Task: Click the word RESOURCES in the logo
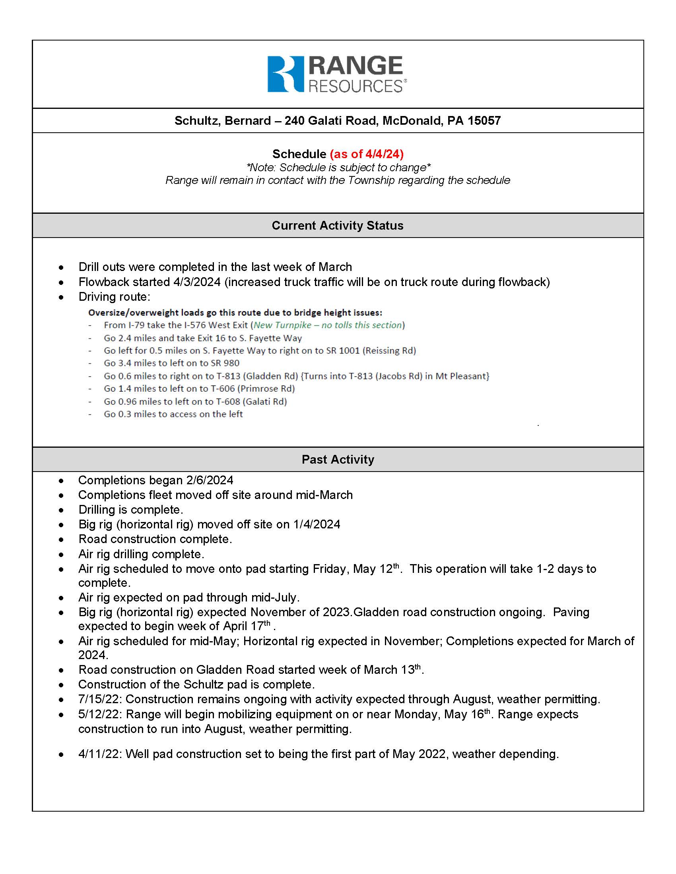[355, 86]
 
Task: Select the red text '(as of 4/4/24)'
[367, 154]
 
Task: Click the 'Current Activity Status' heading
[338, 225]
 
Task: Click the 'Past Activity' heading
[338, 459]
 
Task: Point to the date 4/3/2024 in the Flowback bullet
[196, 282]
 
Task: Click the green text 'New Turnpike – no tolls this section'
[328, 325]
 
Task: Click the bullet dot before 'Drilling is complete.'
[61, 510]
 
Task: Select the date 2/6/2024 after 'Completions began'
[210, 480]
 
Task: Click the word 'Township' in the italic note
[371, 180]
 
